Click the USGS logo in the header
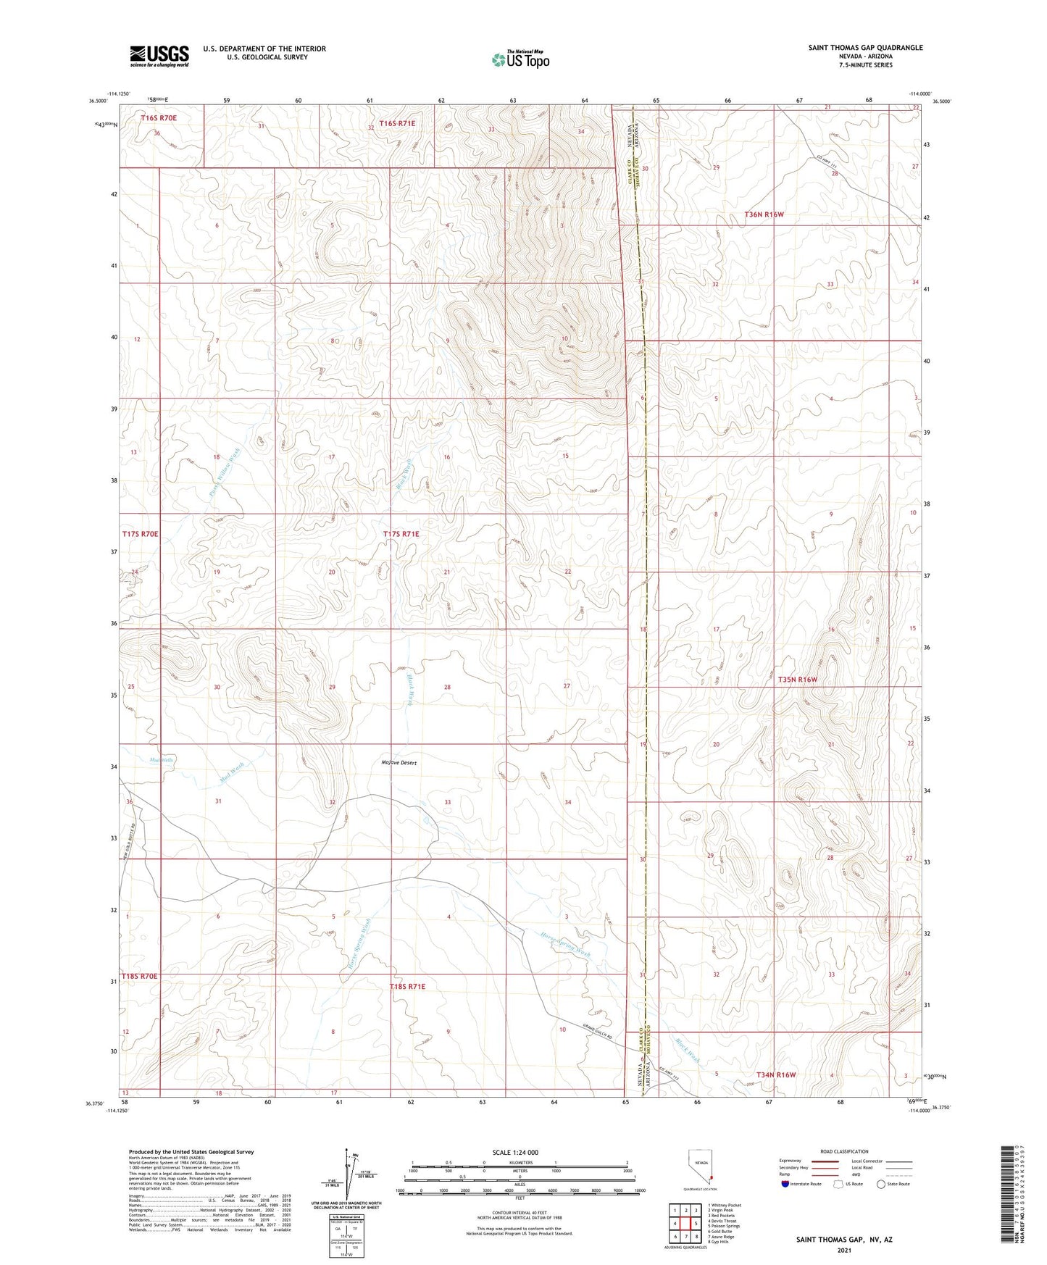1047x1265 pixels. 159,55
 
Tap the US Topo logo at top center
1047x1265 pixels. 520,59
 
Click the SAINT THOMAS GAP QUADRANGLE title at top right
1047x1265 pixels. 865,48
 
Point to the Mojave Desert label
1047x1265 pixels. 399,763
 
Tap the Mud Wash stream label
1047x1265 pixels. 231,773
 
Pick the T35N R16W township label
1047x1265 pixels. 797,680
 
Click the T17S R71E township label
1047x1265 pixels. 401,534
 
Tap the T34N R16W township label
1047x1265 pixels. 776,1074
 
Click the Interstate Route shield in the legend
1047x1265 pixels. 785,1184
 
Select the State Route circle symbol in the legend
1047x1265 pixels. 881,1184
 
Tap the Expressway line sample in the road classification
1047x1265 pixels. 825,1161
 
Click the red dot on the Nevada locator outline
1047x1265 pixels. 711,1177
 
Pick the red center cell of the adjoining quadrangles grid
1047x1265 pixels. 685,1224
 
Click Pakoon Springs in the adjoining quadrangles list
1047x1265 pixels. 725,1227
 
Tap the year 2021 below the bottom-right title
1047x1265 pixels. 844,1251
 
